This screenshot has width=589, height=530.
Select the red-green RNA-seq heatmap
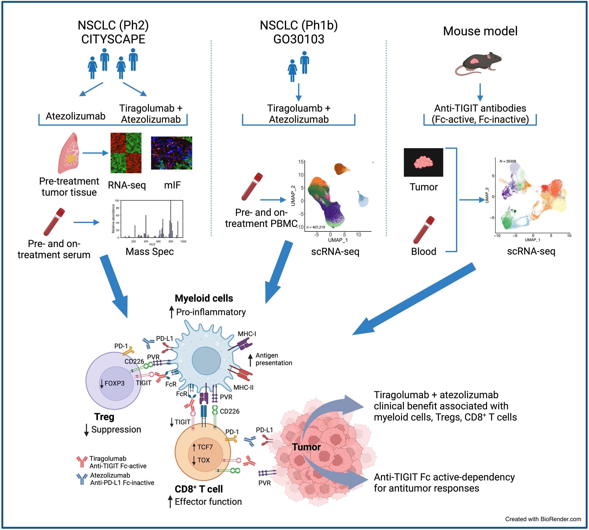[126, 153]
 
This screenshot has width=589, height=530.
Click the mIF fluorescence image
[171, 153]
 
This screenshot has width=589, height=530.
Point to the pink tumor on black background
[423, 162]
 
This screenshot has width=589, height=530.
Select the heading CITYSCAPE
[113, 39]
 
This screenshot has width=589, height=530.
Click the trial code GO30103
[299, 39]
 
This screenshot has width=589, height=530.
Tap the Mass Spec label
[149, 252]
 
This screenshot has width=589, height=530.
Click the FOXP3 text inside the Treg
[114, 383]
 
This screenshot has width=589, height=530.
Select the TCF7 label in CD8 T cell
[205, 447]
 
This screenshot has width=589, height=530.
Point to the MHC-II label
[243, 388]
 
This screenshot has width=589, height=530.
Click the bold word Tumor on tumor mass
[306, 447]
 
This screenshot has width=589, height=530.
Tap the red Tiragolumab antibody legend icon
[82, 462]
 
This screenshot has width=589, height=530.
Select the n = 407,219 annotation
[316, 227]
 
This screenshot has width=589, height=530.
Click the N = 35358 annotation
[508, 161]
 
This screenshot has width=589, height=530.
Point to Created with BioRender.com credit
[543, 519]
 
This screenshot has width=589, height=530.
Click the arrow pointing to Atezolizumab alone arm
[91, 89]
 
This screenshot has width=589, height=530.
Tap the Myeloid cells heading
[204, 298]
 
